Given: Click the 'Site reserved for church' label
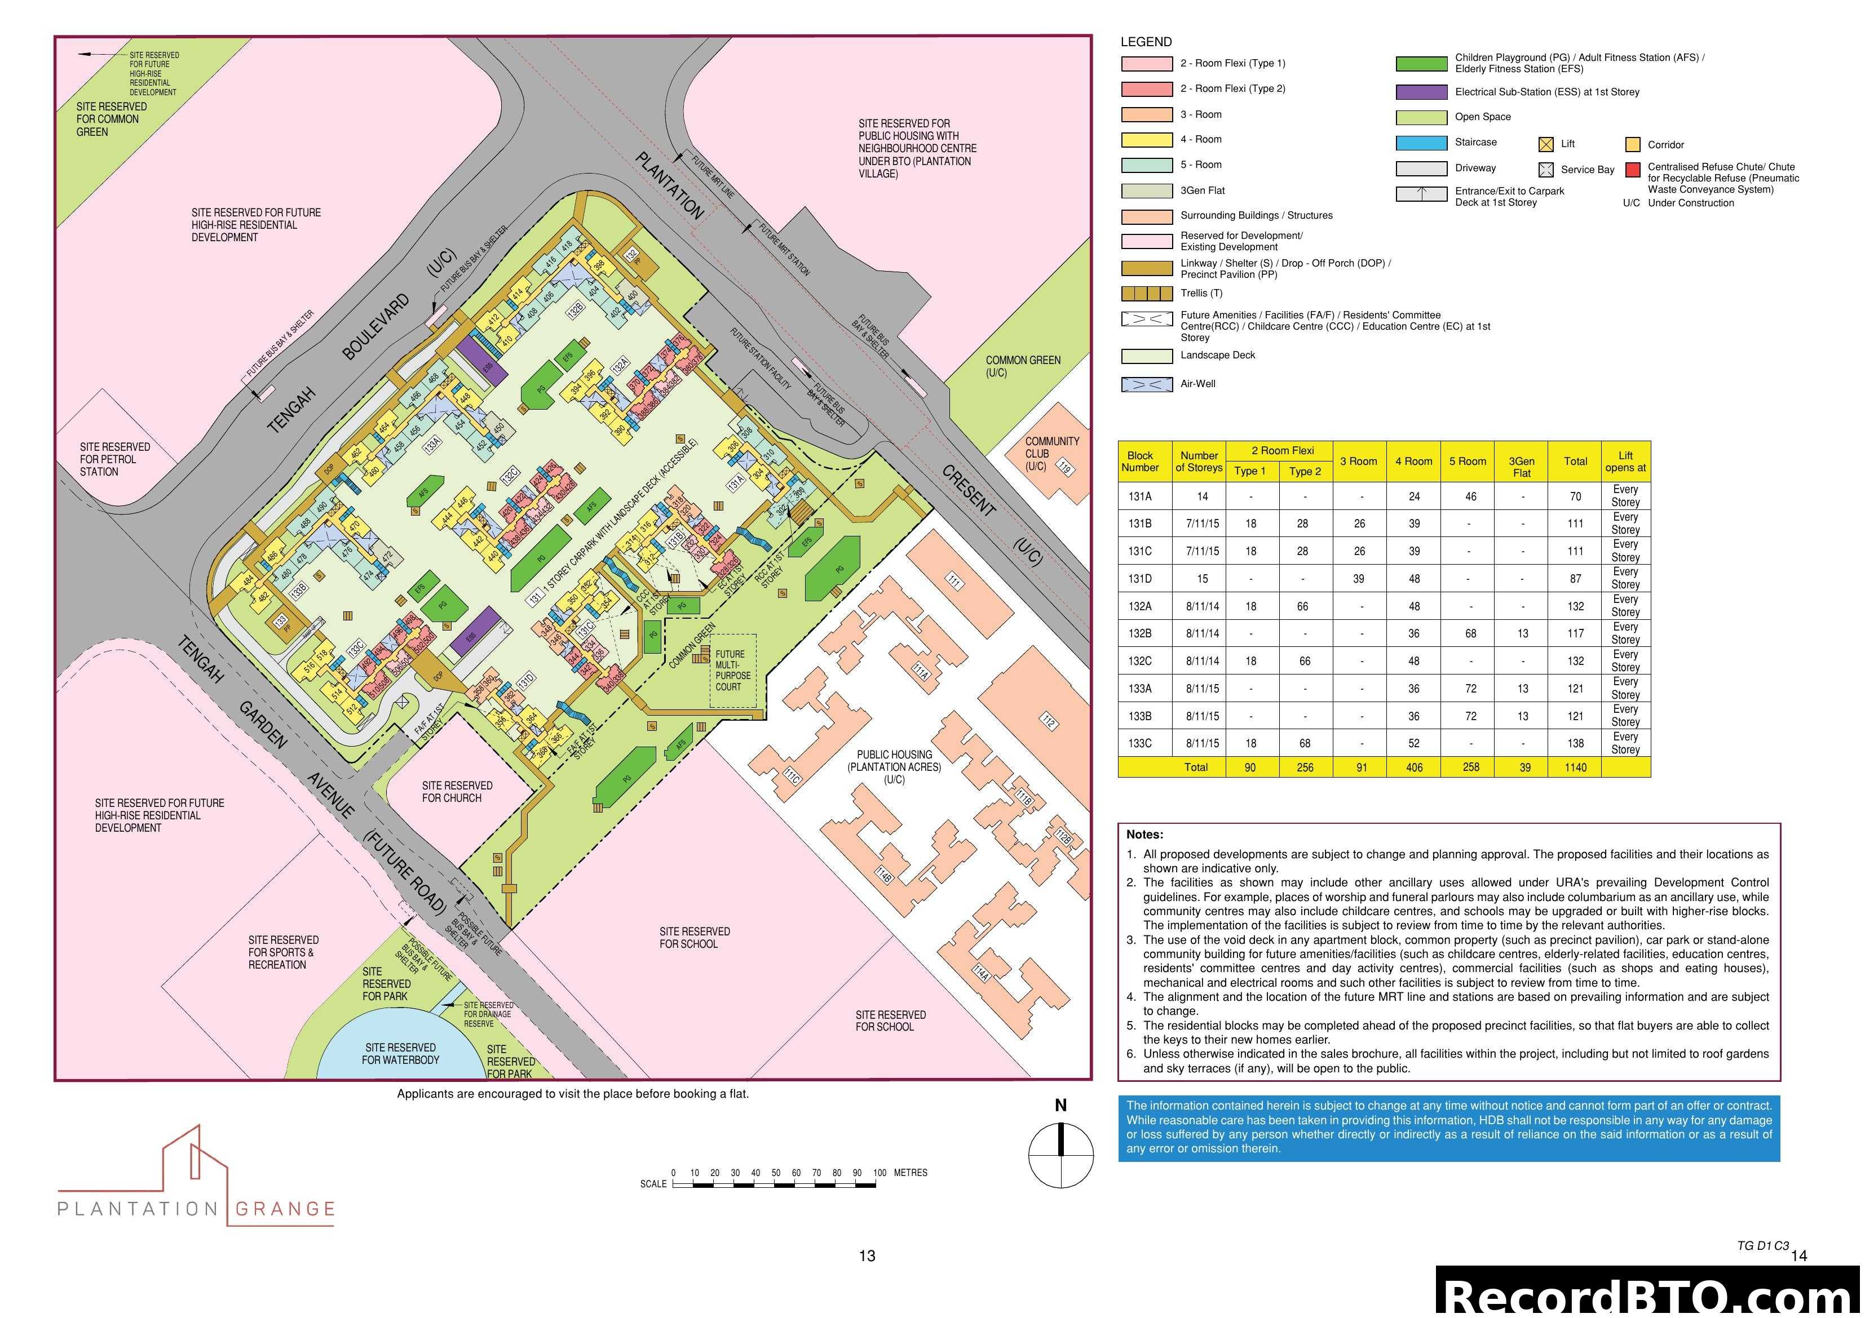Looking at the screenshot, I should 457,792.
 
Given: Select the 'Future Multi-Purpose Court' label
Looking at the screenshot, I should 733,670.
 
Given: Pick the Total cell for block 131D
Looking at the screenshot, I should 1575,579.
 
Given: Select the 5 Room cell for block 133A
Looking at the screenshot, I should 1470,689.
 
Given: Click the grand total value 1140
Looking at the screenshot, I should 1575,767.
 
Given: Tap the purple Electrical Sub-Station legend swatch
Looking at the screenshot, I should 1421,92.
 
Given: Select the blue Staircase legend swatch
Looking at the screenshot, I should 1421,143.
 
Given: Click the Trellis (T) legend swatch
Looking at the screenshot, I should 1146,293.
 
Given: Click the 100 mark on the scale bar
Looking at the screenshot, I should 879,1173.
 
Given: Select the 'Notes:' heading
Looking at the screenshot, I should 1144,835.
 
